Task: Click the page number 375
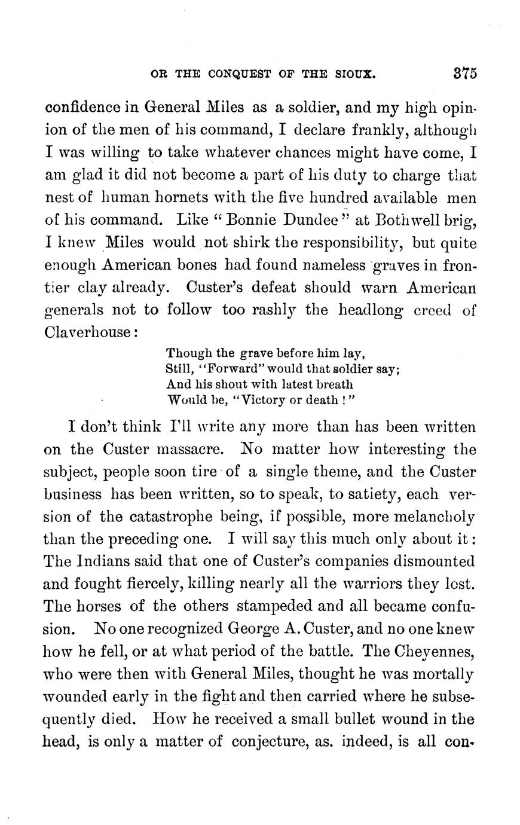tap(463, 75)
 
